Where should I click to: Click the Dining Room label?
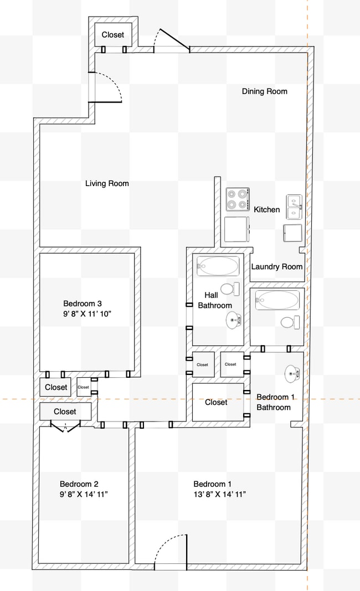click(264, 91)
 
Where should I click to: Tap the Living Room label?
click(107, 183)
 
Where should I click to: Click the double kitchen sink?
click(294, 206)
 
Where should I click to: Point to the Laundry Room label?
click(277, 266)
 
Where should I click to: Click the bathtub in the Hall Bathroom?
click(218, 266)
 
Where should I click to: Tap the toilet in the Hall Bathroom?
click(229, 289)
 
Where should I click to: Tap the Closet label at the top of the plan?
click(113, 35)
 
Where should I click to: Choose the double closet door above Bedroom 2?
click(65, 425)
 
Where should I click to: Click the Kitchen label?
click(266, 210)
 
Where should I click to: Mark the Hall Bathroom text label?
click(215, 300)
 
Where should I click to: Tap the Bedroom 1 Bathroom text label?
click(273, 402)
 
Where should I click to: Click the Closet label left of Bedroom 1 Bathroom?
click(216, 403)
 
